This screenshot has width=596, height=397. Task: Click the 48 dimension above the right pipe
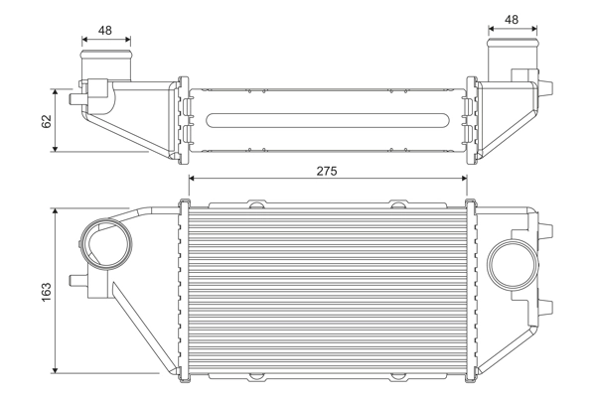(512, 19)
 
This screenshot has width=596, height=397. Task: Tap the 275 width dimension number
(327, 171)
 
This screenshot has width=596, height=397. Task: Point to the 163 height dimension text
(47, 292)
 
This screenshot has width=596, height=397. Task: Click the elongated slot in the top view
(327, 122)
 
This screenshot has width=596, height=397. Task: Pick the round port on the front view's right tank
(514, 266)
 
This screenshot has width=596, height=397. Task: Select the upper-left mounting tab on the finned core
(256, 204)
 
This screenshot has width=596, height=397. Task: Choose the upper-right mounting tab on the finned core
(398, 204)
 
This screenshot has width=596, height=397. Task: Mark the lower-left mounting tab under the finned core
(256, 377)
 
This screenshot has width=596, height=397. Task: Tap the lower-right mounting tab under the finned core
(398, 377)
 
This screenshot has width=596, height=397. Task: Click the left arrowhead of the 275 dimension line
(192, 179)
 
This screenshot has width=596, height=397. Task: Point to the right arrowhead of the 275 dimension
(463, 179)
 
